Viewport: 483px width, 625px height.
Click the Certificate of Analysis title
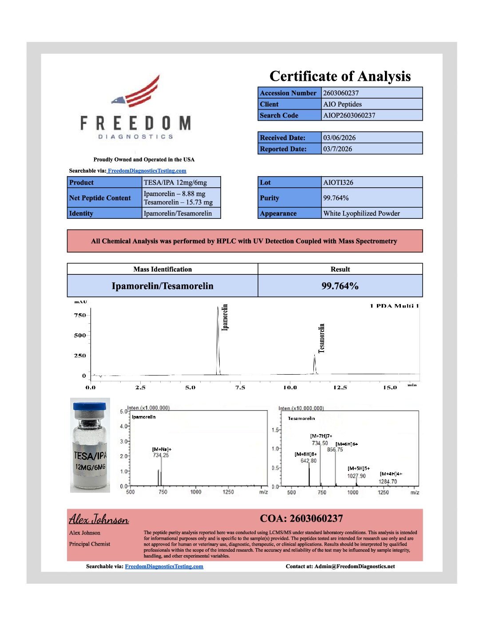point(340,76)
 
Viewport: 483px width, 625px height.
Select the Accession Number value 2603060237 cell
point(371,93)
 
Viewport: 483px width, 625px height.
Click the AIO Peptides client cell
point(371,104)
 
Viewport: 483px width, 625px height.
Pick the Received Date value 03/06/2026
point(371,138)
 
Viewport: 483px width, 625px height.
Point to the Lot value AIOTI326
point(371,182)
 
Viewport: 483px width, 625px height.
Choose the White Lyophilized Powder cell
point(371,214)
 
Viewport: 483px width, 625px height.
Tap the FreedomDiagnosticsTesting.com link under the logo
point(147,171)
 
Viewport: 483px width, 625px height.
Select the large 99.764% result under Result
point(340,286)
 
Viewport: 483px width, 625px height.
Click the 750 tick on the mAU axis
point(80,315)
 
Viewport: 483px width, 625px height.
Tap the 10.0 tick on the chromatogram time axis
point(290,388)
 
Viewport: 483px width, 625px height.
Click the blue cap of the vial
point(90,406)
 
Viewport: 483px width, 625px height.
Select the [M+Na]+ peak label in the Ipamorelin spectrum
point(162,449)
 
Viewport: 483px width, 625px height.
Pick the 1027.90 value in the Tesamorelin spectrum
point(356,476)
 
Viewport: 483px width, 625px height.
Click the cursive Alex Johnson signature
point(99,519)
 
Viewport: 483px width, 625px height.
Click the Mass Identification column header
point(162,269)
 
